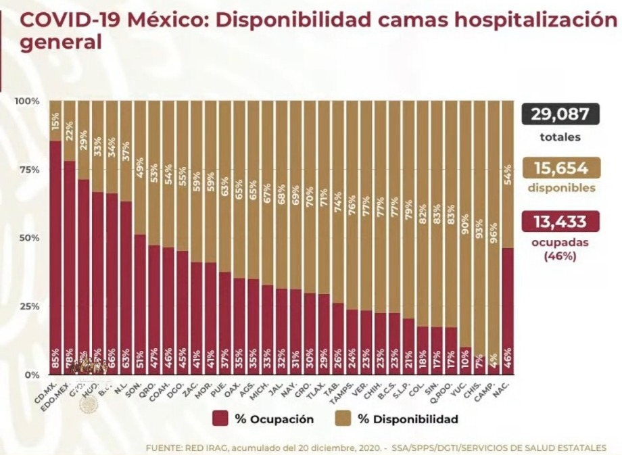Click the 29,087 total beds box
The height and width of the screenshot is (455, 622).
(560, 114)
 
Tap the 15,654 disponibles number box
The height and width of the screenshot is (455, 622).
(560, 169)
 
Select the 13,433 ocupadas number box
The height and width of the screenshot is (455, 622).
(560, 221)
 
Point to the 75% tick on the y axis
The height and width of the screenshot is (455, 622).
(29, 170)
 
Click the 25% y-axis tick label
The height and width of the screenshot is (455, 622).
(29, 306)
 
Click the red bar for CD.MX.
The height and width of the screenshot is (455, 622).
(55, 257)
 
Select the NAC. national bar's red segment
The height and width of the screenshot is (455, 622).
(508, 311)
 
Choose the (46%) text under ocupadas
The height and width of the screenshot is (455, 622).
(560, 256)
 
